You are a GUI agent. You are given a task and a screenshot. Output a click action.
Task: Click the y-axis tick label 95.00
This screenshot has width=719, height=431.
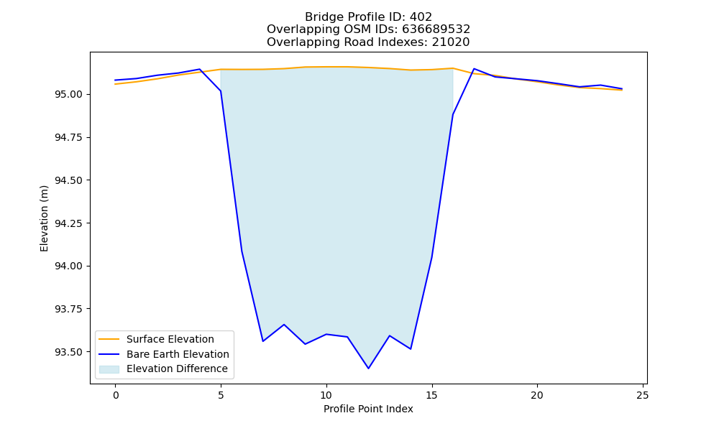(x=69, y=94)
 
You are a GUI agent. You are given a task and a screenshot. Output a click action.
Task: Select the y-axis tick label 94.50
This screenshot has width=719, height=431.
(x=69, y=180)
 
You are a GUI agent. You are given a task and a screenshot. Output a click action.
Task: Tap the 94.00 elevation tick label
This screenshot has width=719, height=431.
(x=69, y=266)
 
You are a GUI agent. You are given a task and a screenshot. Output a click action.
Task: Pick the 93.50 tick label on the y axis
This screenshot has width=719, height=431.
(x=69, y=352)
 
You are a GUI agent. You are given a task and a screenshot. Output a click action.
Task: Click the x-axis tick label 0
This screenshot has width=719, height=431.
(x=116, y=395)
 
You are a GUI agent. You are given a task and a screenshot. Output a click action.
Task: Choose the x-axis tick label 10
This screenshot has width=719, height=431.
(x=326, y=395)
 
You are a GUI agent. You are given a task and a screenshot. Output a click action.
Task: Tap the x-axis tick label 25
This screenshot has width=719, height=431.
(x=642, y=395)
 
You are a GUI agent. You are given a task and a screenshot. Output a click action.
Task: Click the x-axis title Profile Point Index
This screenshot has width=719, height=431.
(x=368, y=409)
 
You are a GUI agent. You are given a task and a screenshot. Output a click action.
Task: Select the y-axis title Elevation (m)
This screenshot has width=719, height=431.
(x=44, y=218)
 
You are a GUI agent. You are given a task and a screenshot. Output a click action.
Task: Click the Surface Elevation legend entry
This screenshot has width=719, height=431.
(x=170, y=339)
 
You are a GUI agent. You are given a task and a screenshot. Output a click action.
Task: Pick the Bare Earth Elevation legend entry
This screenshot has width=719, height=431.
(x=178, y=354)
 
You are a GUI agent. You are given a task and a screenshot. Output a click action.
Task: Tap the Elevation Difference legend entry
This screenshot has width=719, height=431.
(x=177, y=369)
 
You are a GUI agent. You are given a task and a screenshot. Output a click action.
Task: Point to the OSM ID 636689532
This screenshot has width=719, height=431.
(x=436, y=29)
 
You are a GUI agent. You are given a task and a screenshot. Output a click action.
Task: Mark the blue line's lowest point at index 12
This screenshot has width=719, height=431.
(x=368, y=369)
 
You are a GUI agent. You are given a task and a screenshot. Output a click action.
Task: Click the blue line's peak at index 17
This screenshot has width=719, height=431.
(x=474, y=69)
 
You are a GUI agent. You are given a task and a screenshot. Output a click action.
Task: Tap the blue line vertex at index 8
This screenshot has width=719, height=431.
(x=284, y=325)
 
